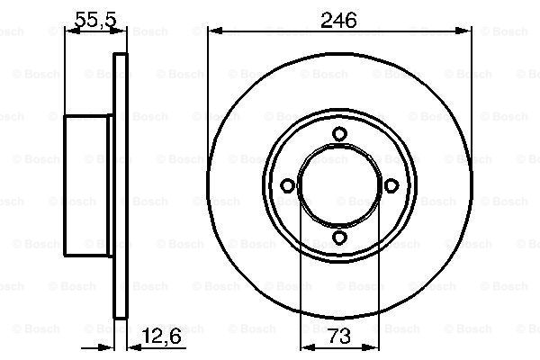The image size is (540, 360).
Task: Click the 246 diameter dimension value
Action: point(338,21)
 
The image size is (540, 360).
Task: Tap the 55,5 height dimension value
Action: point(96,20)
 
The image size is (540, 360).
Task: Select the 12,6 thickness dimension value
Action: point(161,336)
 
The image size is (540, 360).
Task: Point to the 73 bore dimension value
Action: point(339,336)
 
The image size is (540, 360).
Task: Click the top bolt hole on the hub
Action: point(339,134)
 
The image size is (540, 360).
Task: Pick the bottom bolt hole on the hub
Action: point(339,238)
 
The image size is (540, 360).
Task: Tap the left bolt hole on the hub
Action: point(287,185)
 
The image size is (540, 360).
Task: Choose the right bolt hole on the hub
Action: point(391,185)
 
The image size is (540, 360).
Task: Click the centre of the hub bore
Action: point(339,185)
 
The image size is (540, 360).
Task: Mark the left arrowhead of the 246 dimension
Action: point(214,31)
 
